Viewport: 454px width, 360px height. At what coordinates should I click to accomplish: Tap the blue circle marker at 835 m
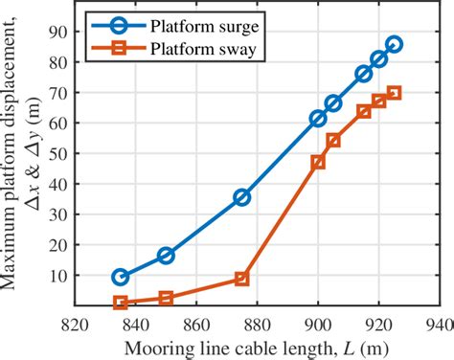tap(121, 277)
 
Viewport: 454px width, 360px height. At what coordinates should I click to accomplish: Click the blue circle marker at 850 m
tap(166, 256)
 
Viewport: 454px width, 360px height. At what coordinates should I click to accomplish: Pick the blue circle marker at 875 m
tap(242, 197)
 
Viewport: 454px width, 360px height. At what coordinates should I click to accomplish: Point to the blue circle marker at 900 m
tap(318, 119)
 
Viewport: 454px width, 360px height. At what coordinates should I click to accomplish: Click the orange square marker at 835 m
tap(121, 303)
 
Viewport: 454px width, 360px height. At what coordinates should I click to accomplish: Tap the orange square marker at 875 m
tap(242, 279)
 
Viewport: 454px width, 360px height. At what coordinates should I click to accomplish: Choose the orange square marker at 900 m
tap(318, 163)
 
